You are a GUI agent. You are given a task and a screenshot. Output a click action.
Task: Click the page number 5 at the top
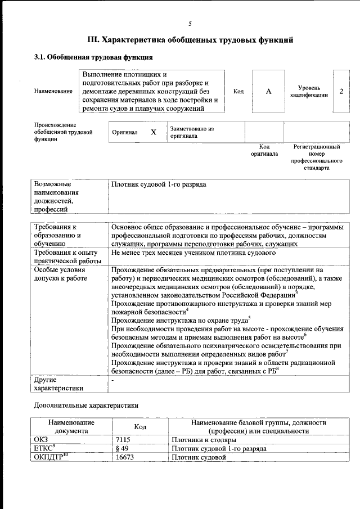pos(190,24)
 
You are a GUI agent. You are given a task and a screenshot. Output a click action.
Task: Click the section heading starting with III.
pos(190,40)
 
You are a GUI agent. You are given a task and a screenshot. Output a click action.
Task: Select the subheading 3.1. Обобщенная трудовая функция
pos(93,57)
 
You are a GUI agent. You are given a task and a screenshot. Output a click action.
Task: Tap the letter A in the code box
pos(268,92)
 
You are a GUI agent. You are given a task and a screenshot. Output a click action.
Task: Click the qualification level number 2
pos(341,91)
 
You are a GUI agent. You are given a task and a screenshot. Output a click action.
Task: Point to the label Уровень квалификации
pos(309,92)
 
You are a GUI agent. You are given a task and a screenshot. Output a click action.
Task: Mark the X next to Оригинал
pos(153,132)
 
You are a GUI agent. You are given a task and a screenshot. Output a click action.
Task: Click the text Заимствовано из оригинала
pos(192,132)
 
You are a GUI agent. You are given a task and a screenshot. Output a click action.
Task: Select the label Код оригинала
pos(264,150)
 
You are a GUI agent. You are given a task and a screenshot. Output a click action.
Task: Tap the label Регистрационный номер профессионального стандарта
pos(317,157)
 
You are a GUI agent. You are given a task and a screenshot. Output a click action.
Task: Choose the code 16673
pos(125,457)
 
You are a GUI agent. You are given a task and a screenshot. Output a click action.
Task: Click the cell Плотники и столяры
pos(205,439)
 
